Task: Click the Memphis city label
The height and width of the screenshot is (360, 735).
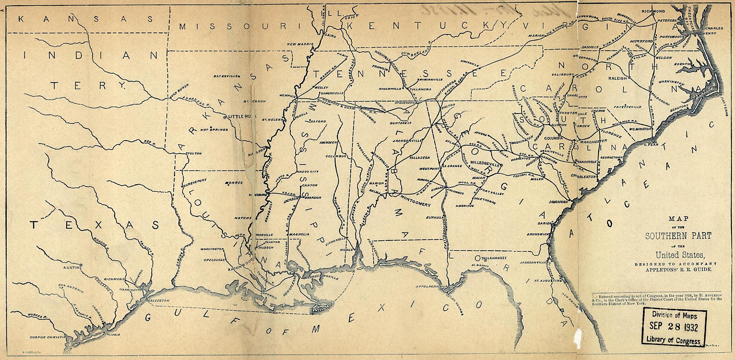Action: coord(288,96)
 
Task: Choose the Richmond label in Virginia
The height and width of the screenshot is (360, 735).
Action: coord(653,11)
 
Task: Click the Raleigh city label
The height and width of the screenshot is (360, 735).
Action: coord(617,78)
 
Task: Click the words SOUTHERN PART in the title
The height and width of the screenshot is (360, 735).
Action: coord(669,236)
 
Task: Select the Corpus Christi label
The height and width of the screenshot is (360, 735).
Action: coord(46,338)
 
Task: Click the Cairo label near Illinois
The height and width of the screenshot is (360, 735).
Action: coord(329,36)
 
